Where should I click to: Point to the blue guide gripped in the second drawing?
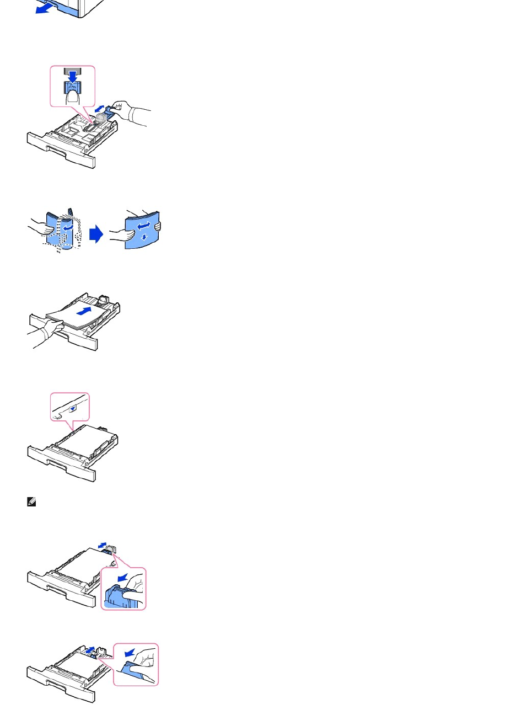click(108, 113)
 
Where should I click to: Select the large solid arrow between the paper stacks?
click(96, 234)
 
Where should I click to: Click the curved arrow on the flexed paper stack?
click(67, 227)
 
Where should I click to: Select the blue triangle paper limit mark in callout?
click(73, 409)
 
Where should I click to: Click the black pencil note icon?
click(31, 503)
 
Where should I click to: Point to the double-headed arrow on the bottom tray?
click(90, 651)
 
